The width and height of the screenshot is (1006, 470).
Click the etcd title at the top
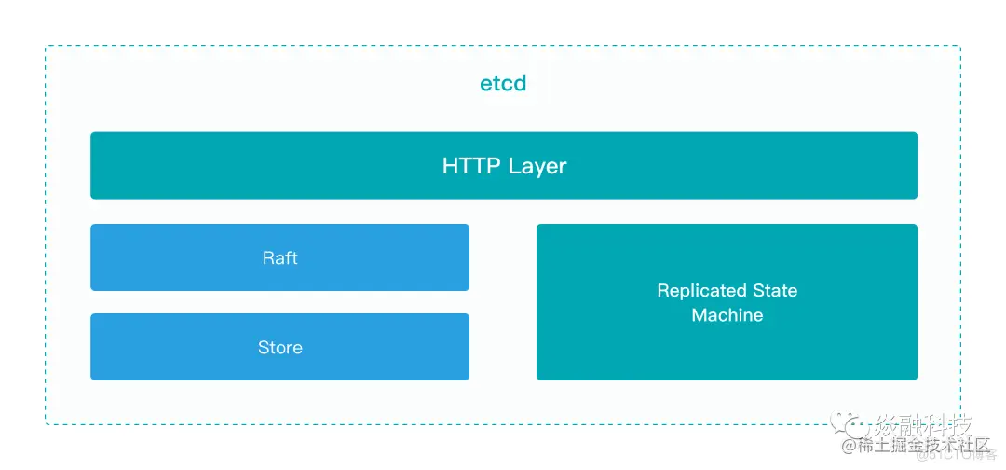tap(503, 83)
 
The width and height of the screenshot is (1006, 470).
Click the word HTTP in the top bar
tap(471, 166)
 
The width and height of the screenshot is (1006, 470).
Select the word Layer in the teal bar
tap(537, 167)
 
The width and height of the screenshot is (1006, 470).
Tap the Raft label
tap(279, 257)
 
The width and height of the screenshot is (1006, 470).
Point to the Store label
tap(279, 348)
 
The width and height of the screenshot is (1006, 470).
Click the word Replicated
tap(701, 291)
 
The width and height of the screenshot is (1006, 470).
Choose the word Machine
tap(727, 315)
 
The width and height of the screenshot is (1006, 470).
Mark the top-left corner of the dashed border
tap(46, 46)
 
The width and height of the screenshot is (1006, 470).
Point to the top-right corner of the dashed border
tap(960, 46)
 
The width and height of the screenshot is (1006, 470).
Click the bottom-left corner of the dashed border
tap(46, 425)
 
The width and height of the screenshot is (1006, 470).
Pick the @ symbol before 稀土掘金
tap(849, 448)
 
